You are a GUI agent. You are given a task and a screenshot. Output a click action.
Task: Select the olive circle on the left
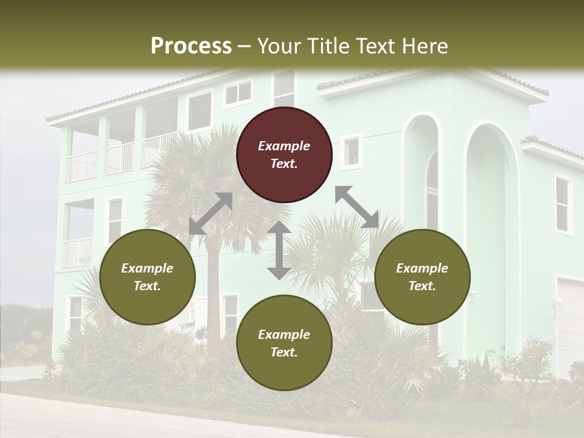(x=147, y=277)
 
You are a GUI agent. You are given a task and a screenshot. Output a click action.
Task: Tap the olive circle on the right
(x=422, y=277)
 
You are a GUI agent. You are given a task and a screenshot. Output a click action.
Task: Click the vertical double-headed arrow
(x=279, y=250)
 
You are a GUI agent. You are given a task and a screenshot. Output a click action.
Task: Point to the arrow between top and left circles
(x=210, y=214)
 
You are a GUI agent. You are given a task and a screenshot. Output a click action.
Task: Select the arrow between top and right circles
(x=357, y=207)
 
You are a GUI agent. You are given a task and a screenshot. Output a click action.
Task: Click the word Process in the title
(x=191, y=46)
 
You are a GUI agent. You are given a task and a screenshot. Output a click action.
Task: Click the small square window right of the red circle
(x=351, y=152)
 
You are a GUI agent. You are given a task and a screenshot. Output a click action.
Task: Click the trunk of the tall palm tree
(x=213, y=286)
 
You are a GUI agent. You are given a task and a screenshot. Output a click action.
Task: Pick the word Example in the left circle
(x=147, y=268)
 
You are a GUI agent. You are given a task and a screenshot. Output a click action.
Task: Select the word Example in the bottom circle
(x=284, y=335)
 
